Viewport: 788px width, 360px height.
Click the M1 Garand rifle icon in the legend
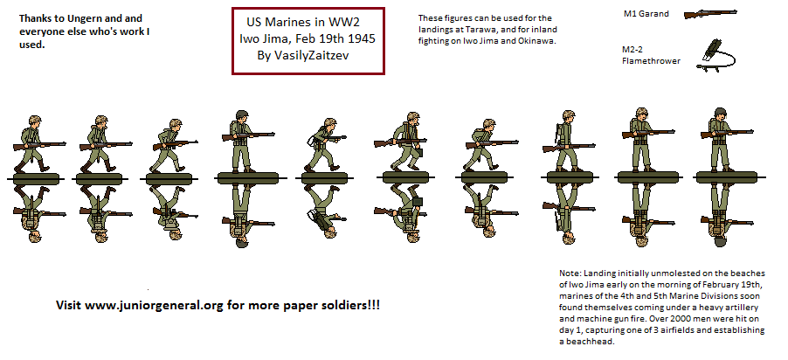coord(709,15)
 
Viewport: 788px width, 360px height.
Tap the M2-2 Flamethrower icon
coord(715,52)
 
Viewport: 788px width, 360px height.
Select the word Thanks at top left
coord(36,17)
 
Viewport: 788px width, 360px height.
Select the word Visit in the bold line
coord(71,306)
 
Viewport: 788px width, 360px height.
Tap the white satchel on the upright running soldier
coord(312,138)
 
